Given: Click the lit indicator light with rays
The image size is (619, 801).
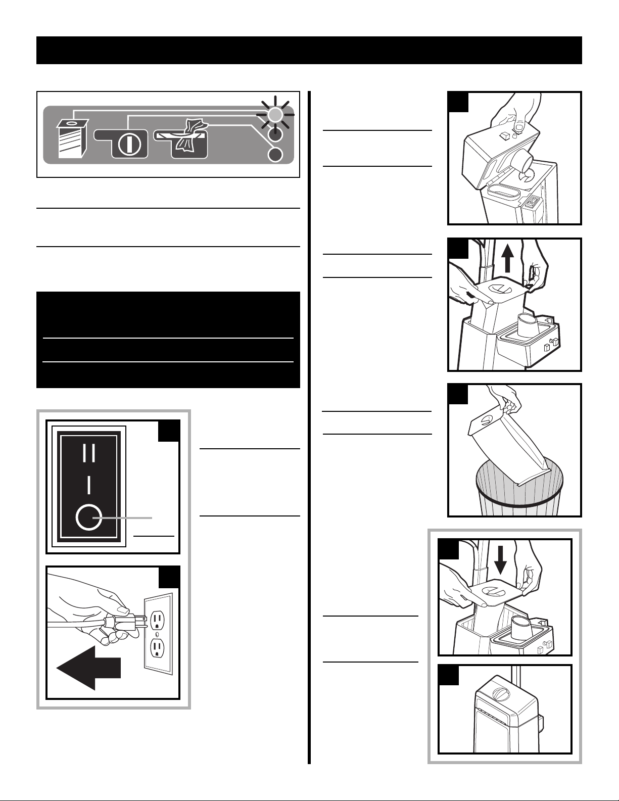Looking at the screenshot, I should [274, 116].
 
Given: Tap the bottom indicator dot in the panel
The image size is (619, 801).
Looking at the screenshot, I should [274, 155].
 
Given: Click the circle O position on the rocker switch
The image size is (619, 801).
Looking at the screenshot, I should [88, 518].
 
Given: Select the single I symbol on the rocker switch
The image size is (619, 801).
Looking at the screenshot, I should [88, 485].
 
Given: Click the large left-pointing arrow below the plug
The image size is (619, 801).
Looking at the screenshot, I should [88, 667].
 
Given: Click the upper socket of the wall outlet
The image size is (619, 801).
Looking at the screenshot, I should [157, 619].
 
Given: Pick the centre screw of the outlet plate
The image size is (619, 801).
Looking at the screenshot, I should [157, 633].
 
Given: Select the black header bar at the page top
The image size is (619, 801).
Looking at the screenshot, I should [309, 50].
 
